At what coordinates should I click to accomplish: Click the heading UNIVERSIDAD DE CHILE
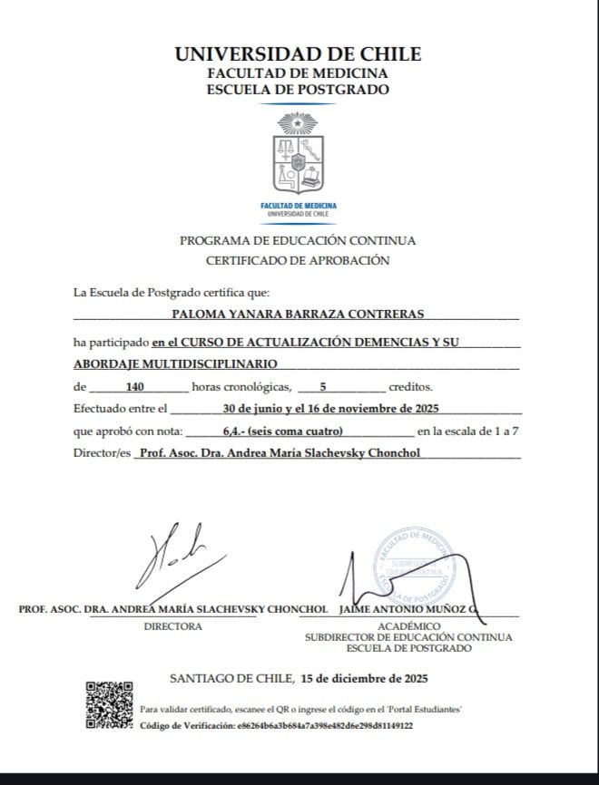click(x=298, y=54)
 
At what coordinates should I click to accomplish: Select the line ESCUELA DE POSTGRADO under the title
click(x=298, y=90)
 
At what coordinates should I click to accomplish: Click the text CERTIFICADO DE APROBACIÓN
click(x=298, y=260)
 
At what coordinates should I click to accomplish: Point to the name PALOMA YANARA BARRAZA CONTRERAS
click(x=298, y=315)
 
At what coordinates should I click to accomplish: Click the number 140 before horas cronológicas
click(x=137, y=386)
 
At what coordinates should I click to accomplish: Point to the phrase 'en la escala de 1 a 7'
click(x=468, y=431)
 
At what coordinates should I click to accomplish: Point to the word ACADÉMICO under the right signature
click(x=408, y=625)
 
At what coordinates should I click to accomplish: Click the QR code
click(x=109, y=704)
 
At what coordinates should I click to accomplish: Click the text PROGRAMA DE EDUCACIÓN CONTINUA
click(x=298, y=240)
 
